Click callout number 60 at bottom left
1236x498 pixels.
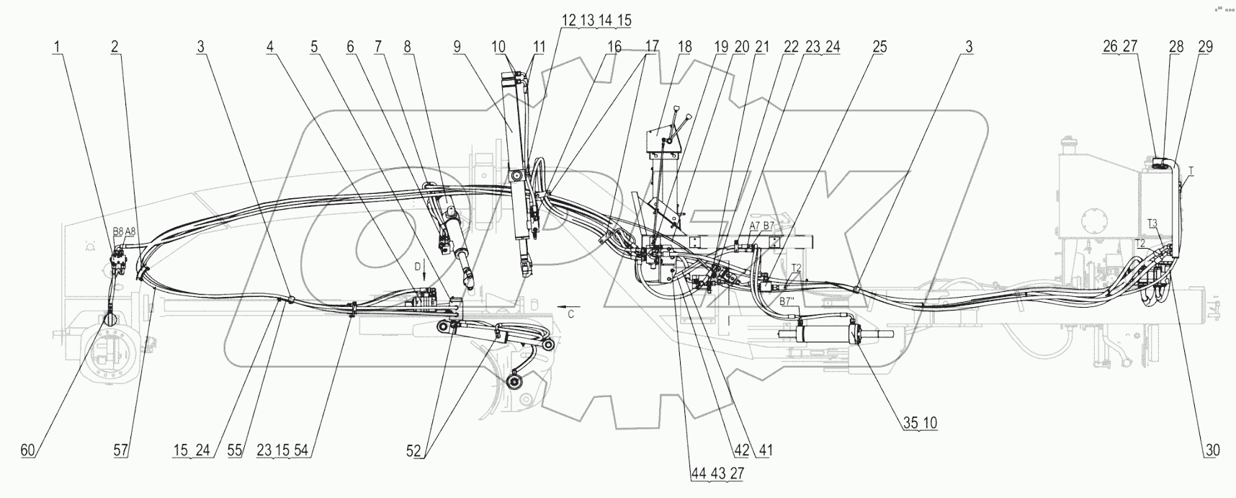27,450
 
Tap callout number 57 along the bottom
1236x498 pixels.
121,450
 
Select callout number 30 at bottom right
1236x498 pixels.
1214,450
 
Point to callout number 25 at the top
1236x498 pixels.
879,47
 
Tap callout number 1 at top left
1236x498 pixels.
57,47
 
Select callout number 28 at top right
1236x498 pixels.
1176,47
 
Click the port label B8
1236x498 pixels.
117,232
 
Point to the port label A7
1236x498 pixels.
753,226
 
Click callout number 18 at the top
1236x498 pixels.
684,47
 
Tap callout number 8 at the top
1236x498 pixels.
408,47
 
